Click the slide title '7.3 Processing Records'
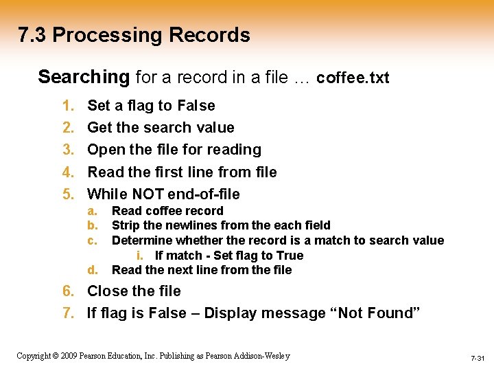coord(134,35)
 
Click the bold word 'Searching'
coord(84,77)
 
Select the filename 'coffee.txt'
coord(353,78)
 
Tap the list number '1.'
coord(69,106)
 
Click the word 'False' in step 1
coord(196,106)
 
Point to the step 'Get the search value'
coord(161,128)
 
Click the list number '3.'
coord(69,150)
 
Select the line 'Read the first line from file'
coord(182,172)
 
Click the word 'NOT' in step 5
coord(150,194)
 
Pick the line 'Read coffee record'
coord(167,211)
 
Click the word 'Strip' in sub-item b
coord(126,225)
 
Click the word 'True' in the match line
coord(290,256)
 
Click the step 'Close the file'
coord(134,291)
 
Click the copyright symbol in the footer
coord(57,356)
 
